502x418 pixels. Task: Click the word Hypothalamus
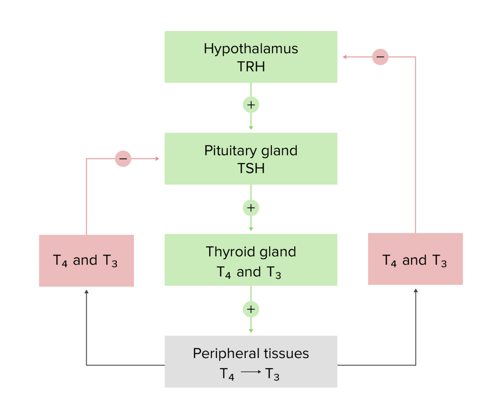pyautogui.click(x=251, y=48)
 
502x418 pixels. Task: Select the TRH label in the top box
pyautogui.click(x=251, y=66)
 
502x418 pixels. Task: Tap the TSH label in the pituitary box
pyautogui.click(x=251, y=168)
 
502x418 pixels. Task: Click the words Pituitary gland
pyautogui.click(x=251, y=150)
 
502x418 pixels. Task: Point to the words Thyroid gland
pyautogui.click(x=251, y=252)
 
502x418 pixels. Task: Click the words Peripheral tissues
pyautogui.click(x=251, y=354)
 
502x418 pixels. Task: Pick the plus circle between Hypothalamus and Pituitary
pyautogui.click(x=251, y=105)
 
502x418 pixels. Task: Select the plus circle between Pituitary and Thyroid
pyautogui.click(x=251, y=208)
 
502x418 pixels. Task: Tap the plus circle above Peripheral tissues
pyautogui.click(x=251, y=309)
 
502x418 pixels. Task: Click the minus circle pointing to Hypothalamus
pyautogui.click(x=380, y=57)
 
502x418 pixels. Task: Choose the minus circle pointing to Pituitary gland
pyautogui.click(x=123, y=159)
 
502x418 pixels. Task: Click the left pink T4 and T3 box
pyautogui.click(x=86, y=261)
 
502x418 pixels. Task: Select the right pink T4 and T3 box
pyautogui.click(x=415, y=259)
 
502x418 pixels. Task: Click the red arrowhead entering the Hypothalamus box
pyautogui.click(x=344, y=57)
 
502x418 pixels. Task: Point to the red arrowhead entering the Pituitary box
pyautogui.click(x=157, y=159)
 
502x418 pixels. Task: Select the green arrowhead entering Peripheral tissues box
pyautogui.click(x=251, y=331)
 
